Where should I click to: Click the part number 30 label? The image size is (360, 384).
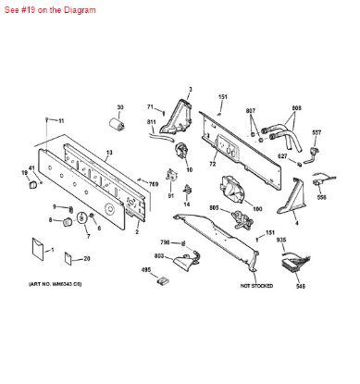pyautogui.click(x=119, y=108)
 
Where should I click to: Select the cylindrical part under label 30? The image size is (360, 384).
pyautogui.click(x=117, y=125)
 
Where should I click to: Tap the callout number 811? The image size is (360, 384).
pyautogui.click(x=151, y=122)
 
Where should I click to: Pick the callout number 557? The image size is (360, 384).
pyautogui.click(x=317, y=133)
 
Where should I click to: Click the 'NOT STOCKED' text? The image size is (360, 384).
pyautogui.click(x=258, y=287)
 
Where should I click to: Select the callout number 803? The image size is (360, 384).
pyautogui.click(x=158, y=255)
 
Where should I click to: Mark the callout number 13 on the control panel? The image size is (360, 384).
pyautogui.click(x=108, y=151)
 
